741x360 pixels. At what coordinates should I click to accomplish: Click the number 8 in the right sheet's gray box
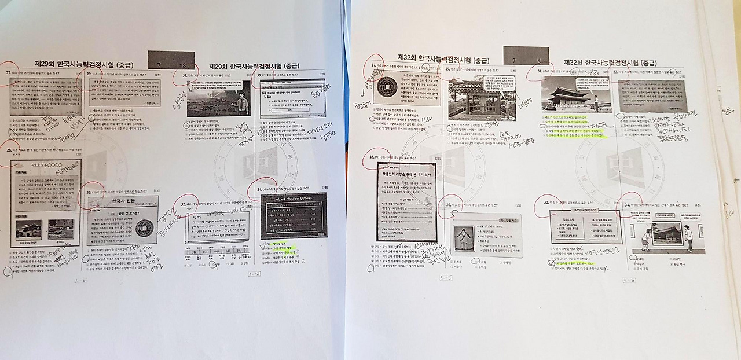pyautogui.click(x=539, y=60)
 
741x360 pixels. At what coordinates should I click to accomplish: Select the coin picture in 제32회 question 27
pyautogui.click(x=387, y=88)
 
